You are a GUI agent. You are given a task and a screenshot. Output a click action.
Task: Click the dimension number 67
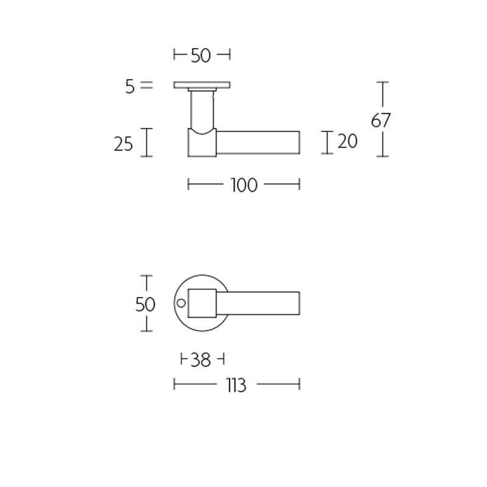tap(381, 121)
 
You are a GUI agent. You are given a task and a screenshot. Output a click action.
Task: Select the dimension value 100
tap(244, 185)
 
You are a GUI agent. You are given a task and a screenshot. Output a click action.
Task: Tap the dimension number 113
tap(235, 385)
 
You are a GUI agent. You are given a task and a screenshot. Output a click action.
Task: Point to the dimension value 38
tap(200, 360)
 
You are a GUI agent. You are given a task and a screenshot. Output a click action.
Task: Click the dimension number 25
tap(124, 144)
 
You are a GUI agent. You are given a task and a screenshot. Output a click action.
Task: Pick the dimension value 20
tap(347, 142)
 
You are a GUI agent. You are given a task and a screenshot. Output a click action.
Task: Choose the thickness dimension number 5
tap(129, 86)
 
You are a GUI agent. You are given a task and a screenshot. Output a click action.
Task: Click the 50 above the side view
tap(200, 56)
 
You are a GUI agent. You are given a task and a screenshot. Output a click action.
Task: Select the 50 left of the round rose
tap(145, 304)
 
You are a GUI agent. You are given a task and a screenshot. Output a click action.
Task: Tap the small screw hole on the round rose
tap(180, 303)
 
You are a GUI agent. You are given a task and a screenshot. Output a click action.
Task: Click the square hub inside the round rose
tap(203, 303)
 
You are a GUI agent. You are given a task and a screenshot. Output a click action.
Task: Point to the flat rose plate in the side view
tap(202, 85)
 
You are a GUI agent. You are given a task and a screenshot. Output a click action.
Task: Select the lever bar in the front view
tap(262, 303)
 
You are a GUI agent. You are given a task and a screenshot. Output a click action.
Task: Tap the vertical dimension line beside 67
tap(382, 97)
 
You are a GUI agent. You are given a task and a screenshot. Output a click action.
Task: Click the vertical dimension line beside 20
tap(328, 142)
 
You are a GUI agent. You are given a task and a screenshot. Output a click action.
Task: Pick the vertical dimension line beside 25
tap(146, 142)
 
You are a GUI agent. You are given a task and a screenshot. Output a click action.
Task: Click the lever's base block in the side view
tap(202, 144)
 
